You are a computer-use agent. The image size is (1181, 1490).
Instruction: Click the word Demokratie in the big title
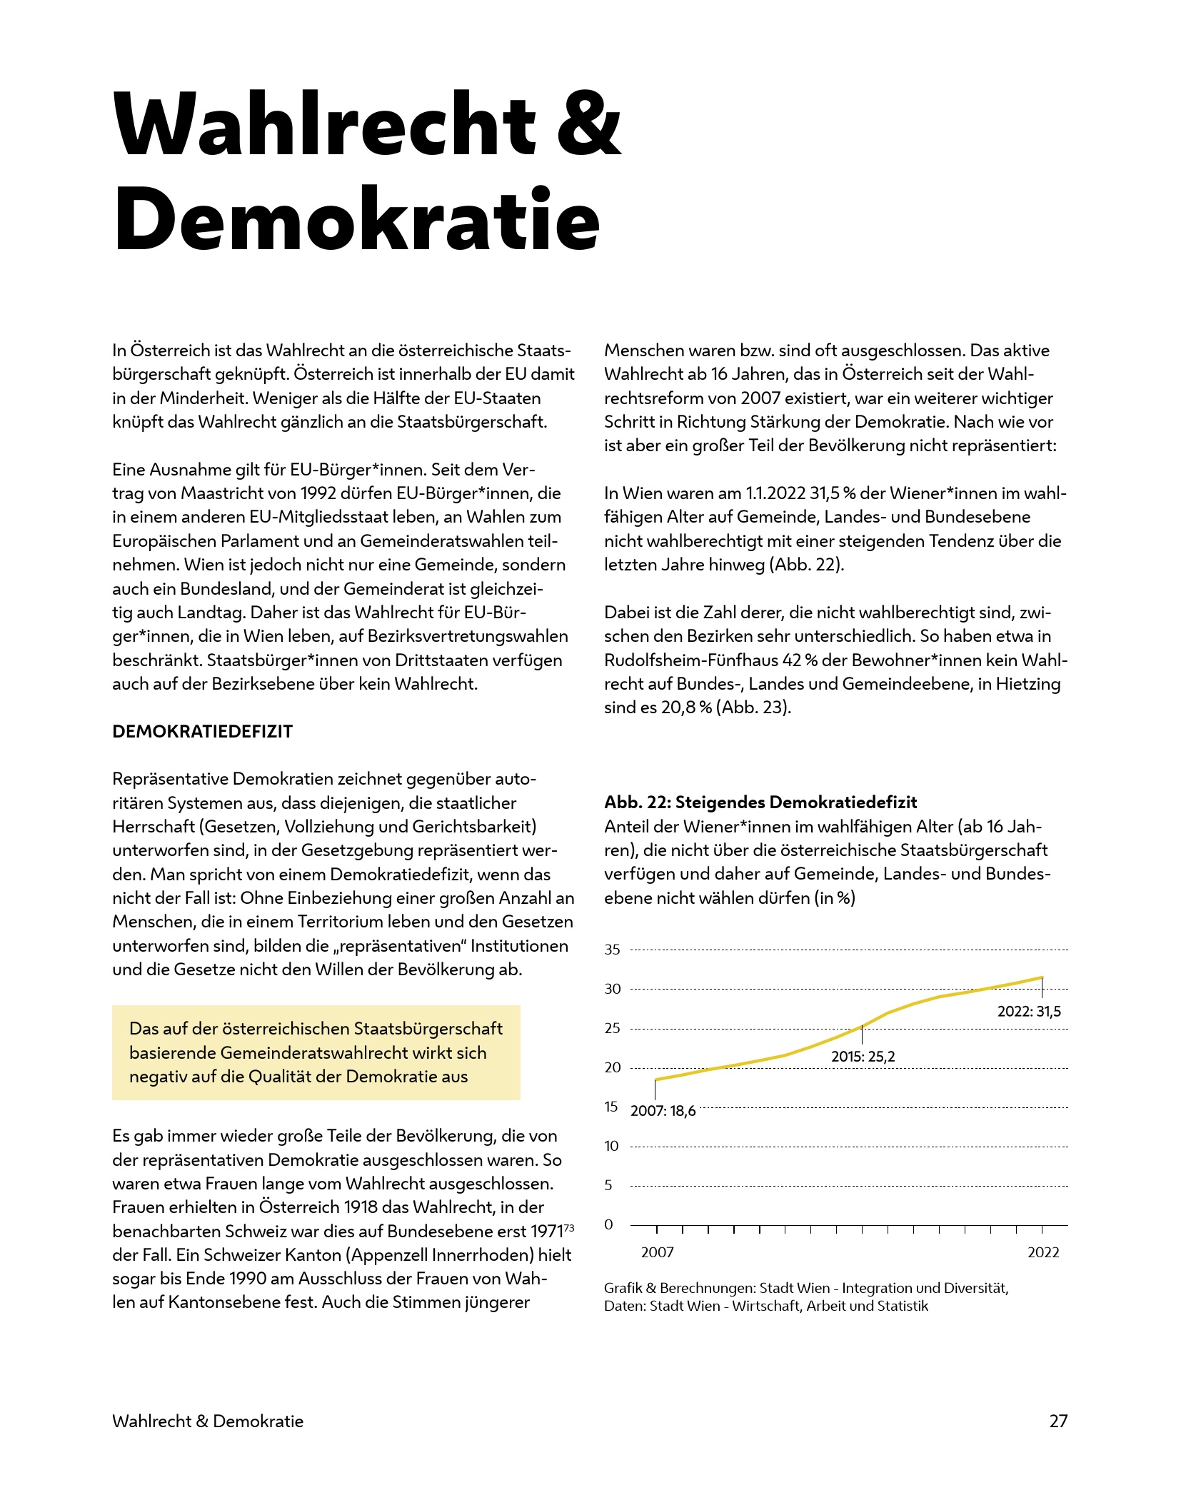(356, 220)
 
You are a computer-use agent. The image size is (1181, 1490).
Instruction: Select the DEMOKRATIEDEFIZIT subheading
(202, 732)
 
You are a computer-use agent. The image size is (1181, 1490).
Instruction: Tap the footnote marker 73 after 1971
(569, 1228)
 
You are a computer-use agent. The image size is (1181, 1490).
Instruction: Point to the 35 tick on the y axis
(613, 950)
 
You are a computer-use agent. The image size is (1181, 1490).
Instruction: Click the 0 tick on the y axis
(609, 1224)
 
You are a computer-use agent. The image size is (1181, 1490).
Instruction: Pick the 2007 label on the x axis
(657, 1252)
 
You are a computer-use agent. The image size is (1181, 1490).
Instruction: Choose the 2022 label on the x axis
(1043, 1252)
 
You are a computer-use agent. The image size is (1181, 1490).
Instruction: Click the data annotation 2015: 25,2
(863, 1057)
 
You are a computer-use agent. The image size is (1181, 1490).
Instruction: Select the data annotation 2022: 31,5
(1029, 1012)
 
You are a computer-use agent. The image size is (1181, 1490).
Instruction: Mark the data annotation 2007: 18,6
(663, 1111)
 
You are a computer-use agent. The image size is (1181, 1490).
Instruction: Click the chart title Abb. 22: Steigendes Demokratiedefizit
(760, 802)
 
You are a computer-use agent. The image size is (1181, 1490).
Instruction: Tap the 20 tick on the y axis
(613, 1067)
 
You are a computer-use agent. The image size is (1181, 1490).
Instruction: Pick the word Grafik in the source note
(623, 1289)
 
